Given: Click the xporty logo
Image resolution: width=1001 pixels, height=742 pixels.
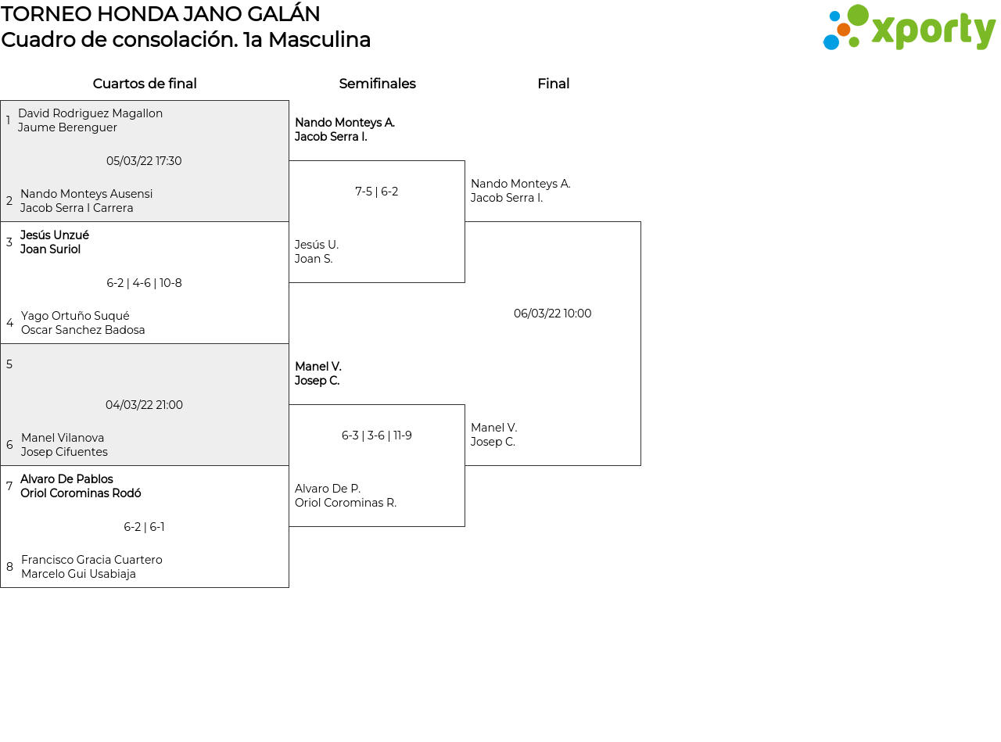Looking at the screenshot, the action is click(x=909, y=27).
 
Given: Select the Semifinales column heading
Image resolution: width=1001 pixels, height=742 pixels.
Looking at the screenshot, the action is click(x=377, y=84).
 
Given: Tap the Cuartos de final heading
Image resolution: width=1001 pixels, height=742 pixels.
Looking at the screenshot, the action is click(x=145, y=84).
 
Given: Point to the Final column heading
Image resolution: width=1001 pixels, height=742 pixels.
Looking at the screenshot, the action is click(x=554, y=84).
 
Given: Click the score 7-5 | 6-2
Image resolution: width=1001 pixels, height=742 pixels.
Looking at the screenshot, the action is click(x=376, y=192).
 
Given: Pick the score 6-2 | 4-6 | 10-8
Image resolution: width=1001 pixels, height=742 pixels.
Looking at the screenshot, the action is click(x=144, y=283).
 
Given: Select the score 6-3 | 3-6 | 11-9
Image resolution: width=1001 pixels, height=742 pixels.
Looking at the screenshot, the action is click(x=376, y=436).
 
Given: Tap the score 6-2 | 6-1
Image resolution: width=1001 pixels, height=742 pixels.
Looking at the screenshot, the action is click(x=144, y=527).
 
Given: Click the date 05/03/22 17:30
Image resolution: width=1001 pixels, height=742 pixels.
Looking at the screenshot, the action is click(x=144, y=161).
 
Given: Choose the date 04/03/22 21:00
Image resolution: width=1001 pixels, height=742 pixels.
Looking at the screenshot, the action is click(x=144, y=405).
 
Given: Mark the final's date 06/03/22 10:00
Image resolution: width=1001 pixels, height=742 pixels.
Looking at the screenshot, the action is click(x=552, y=314).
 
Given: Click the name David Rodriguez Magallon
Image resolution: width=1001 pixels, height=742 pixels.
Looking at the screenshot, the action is click(x=90, y=113).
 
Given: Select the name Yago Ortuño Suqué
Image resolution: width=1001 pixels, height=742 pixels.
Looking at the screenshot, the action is click(x=75, y=315).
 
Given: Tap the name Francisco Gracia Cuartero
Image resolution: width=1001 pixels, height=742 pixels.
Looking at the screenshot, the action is click(x=91, y=560).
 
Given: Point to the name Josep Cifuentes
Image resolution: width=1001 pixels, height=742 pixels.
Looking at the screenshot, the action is click(x=64, y=452).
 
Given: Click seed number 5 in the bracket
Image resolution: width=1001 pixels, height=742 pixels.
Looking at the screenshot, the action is click(x=9, y=364).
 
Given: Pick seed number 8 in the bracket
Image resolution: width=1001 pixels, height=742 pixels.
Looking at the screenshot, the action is click(x=9, y=566).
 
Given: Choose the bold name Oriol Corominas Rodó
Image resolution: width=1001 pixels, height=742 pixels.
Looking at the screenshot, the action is click(x=81, y=493).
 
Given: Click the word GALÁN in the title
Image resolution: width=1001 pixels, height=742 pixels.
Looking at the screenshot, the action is click(x=283, y=13).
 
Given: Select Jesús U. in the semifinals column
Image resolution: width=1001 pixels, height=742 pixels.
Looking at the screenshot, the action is click(x=317, y=245).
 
